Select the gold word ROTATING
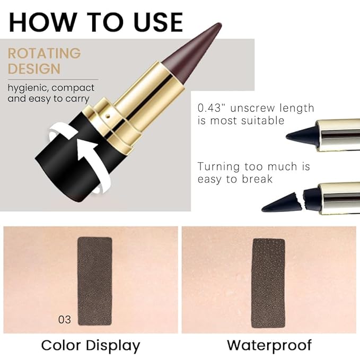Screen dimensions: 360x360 (45, 54)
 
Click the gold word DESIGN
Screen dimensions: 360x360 (34, 69)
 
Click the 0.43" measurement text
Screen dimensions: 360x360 (213, 108)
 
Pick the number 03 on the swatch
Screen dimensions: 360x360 (65, 320)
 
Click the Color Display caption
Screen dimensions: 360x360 (91, 346)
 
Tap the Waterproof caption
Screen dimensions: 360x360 (269, 346)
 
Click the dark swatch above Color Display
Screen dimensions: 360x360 (95, 281)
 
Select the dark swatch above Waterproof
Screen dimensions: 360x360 (268, 283)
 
